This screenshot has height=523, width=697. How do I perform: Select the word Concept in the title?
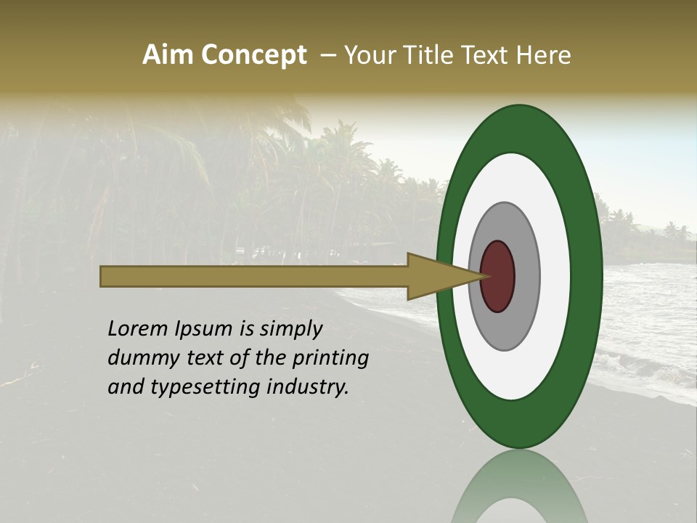click(253, 56)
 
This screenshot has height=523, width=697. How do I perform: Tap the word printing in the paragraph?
click(330, 359)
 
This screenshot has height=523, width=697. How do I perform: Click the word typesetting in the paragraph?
click(191, 388)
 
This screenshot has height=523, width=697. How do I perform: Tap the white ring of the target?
click(555, 276)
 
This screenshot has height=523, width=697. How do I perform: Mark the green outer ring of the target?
click(587, 276)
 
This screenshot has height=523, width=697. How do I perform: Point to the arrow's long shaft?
click(254, 276)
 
